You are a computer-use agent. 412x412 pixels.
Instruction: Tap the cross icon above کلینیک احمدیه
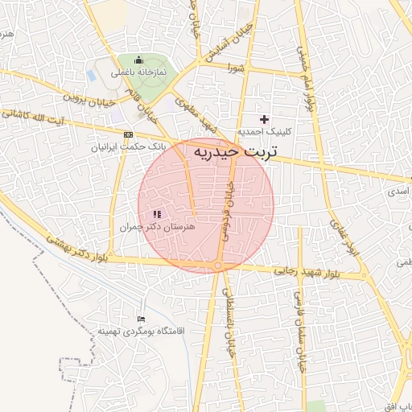(264, 119)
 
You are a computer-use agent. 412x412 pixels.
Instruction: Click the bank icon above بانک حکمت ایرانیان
(128, 134)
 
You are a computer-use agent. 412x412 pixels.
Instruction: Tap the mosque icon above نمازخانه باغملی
(138, 60)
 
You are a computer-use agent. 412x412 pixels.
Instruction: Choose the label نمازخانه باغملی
(138, 72)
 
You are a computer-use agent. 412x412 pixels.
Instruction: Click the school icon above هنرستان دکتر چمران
(155, 214)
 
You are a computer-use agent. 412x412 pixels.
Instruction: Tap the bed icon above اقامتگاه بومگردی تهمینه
(142, 318)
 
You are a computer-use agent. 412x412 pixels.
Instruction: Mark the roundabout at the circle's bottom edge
(218, 266)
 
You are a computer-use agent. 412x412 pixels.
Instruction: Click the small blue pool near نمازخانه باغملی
(91, 75)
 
